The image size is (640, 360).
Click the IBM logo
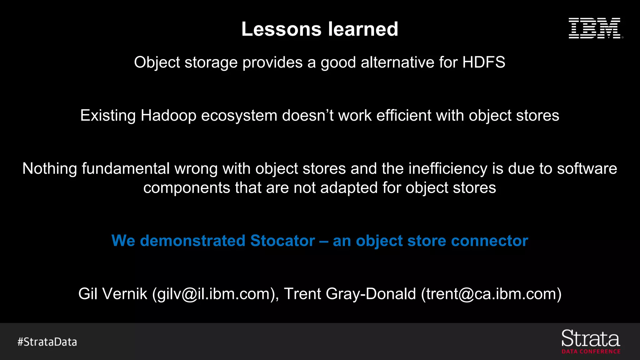click(595, 28)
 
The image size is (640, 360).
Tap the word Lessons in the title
click(281, 29)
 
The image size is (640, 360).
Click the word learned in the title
click(363, 29)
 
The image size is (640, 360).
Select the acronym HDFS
click(483, 62)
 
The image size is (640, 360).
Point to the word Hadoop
click(168, 116)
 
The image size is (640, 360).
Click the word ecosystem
click(239, 116)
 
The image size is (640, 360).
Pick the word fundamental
click(126, 169)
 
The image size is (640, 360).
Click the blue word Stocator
click(282, 241)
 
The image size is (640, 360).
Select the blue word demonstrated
click(192, 241)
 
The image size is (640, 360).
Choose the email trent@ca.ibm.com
click(491, 294)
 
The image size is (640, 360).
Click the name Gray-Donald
click(371, 294)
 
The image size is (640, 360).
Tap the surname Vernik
click(125, 294)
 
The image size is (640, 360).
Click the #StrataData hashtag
click(47, 342)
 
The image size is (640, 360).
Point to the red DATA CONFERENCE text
click(591, 352)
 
